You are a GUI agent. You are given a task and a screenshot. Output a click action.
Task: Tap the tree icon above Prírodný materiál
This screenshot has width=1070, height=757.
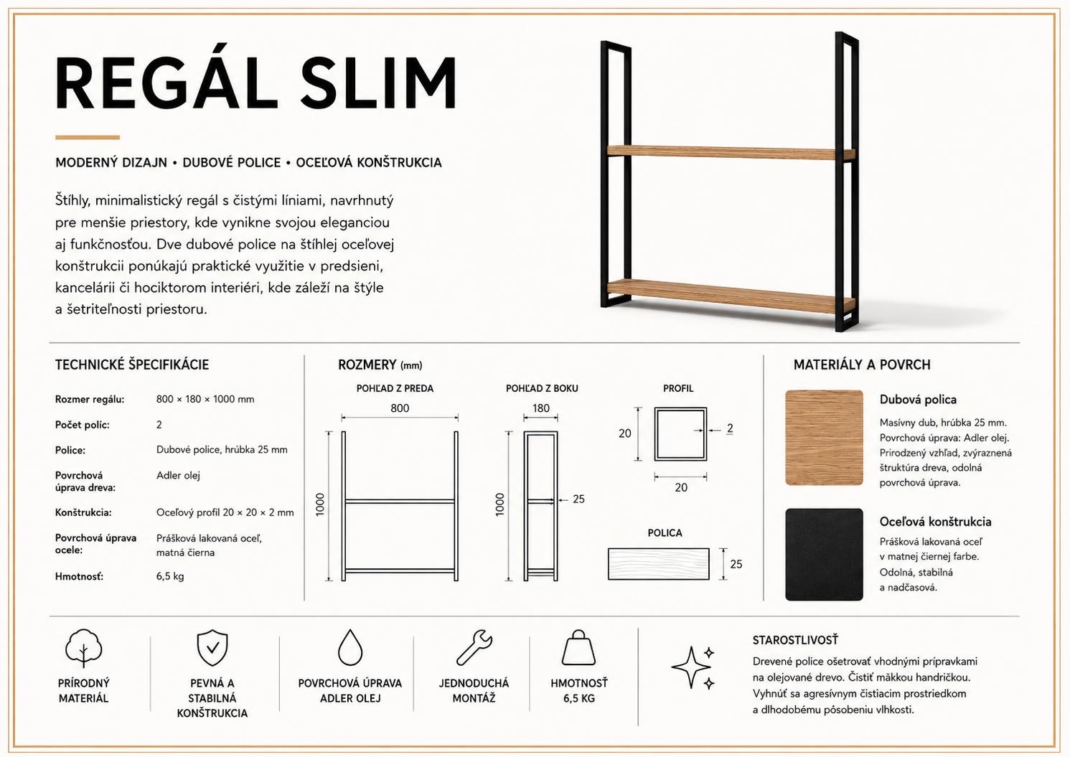point(83,648)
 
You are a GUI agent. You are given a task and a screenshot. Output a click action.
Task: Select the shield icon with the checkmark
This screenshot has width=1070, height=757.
point(212,648)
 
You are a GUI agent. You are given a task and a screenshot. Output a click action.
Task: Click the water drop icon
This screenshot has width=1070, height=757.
point(350,648)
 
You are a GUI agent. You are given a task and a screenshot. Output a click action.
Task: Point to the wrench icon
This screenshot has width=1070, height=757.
point(474,648)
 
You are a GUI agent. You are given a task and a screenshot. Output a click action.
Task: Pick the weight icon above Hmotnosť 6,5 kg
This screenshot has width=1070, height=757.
point(578,648)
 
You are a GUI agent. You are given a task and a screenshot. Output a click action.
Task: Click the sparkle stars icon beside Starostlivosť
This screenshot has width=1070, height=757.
point(693,667)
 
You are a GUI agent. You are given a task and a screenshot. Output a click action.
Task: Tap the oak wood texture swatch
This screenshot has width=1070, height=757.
point(824,438)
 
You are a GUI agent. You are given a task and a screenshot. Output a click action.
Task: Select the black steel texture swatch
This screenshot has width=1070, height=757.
point(824,555)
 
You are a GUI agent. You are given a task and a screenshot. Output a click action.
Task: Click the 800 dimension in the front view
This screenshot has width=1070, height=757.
point(400,408)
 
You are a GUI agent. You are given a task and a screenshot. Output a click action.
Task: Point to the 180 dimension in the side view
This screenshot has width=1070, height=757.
point(540,408)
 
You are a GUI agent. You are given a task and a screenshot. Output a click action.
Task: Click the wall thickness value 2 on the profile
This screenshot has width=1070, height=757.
point(729,428)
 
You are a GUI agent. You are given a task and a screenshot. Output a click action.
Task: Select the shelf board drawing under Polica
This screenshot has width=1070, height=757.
point(658,564)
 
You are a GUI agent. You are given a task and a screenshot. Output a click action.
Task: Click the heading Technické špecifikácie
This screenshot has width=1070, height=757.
point(132,365)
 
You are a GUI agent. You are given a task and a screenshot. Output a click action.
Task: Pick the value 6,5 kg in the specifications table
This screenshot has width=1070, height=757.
point(170,576)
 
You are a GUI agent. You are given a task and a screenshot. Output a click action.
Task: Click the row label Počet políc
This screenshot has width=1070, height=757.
point(82,425)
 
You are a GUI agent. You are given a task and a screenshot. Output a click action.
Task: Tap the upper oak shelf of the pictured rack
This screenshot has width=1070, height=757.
point(731,152)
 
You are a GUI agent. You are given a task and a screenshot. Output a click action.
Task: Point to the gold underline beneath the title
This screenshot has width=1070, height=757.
point(88,138)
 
